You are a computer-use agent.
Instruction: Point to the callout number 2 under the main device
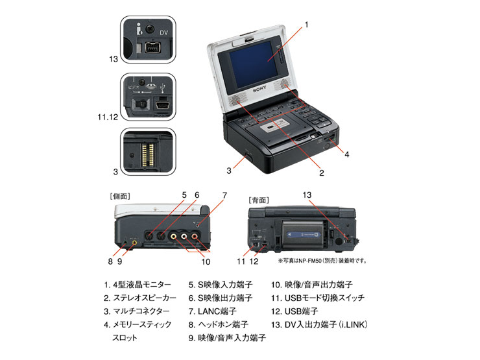320,173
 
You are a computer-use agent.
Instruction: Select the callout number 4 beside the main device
347,154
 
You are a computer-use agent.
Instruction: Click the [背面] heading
260,199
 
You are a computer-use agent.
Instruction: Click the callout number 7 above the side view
224,195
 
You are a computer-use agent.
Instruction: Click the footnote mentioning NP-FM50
322,260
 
